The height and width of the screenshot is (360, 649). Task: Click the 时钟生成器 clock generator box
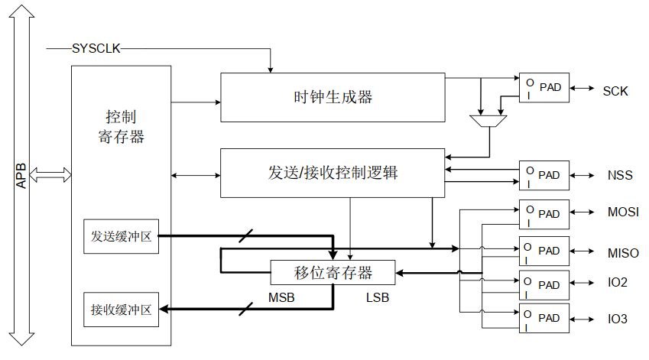333,97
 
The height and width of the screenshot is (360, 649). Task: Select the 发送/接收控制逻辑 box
333,173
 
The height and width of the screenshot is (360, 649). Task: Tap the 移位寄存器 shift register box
333,272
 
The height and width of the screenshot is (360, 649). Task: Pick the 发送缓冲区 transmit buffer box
121,236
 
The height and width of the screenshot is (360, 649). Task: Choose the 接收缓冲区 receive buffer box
121,310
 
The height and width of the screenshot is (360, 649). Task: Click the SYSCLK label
96,49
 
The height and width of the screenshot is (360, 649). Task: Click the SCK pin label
615,91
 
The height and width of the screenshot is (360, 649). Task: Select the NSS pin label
620,175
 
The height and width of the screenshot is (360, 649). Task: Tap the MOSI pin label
623,212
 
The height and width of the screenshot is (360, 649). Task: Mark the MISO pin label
623,253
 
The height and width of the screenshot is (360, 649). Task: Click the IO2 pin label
618,283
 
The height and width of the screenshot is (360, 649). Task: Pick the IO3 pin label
618,319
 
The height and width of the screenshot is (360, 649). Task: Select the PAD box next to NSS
544,175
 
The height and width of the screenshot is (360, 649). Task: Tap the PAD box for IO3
544,318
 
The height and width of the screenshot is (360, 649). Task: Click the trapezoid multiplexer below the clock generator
486,121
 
